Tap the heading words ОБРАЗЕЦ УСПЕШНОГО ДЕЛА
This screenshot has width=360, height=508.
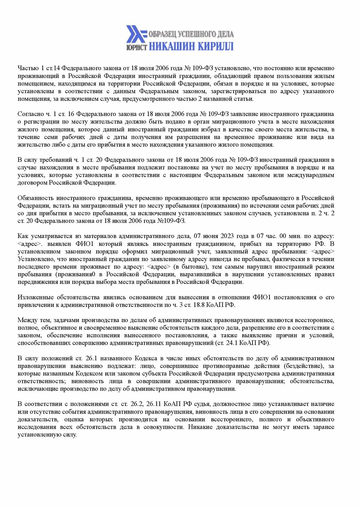tap(191, 34)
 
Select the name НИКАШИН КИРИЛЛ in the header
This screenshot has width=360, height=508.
tap(191, 46)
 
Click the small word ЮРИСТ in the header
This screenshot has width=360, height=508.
tap(137, 48)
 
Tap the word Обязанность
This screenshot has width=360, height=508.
tap(35, 198)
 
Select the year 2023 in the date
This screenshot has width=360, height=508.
tap(227, 236)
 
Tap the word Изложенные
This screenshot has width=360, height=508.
tap(36, 297)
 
